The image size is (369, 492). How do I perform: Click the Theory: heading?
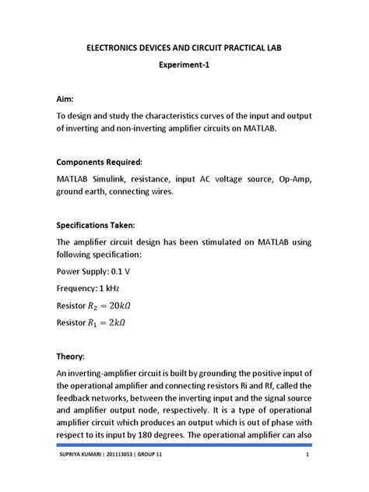click(x=73, y=356)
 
